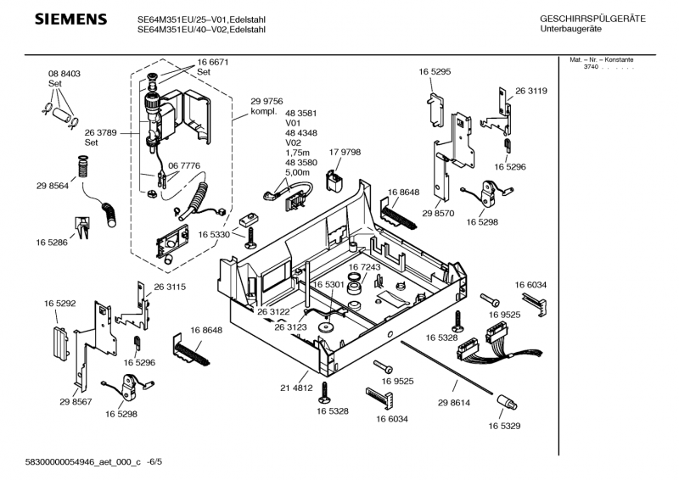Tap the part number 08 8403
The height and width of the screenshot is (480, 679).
pyautogui.click(x=64, y=75)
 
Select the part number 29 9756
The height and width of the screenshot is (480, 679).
pyautogui.click(x=267, y=101)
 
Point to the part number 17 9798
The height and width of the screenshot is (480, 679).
pyautogui.click(x=345, y=152)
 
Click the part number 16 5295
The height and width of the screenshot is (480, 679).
pyautogui.click(x=434, y=73)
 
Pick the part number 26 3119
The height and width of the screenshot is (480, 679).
pyautogui.click(x=530, y=91)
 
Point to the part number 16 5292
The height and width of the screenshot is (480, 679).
pyautogui.click(x=60, y=303)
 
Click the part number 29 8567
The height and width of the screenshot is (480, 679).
pyautogui.click(x=76, y=402)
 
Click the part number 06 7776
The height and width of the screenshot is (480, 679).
pyautogui.click(x=184, y=165)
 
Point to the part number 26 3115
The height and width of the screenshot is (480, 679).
pyautogui.click(x=170, y=287)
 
